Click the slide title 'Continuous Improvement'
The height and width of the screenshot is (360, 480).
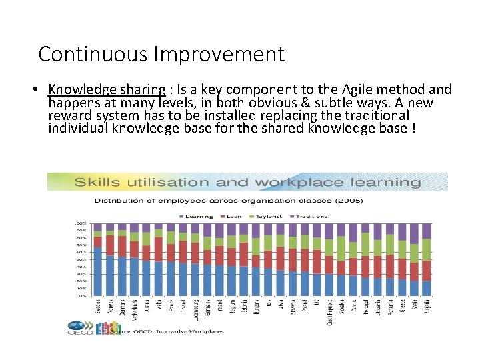pyautogui.click(x=161, y=54)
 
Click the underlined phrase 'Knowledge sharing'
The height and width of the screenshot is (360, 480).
pyautogui.click(x=107, y=89)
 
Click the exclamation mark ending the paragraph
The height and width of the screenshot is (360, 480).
pyautogui.click(x=414, y=128)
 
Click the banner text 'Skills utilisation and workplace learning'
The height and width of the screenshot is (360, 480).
pyautogui.click(x=247, y=182)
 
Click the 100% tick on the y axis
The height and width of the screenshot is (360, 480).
pyautogui.click(x=79, y=223)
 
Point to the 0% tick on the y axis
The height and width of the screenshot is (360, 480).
pyautogui.click(x=82, y=295)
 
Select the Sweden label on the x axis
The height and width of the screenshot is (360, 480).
pyautogui.click(x=98, y=310)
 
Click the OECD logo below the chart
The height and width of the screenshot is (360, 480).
pyautogui.click(x=81, y=328)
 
